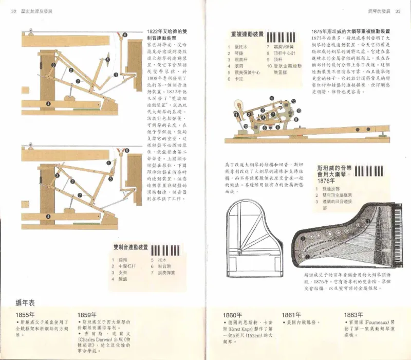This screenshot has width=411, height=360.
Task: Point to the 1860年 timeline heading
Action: click(232, 315)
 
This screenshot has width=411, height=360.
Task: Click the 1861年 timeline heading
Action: click(291, 314)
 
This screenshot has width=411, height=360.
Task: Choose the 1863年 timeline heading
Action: click(353, 314)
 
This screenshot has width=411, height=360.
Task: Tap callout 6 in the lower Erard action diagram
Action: click(126, 150)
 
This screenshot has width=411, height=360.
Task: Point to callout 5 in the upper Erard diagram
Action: click(107, 60)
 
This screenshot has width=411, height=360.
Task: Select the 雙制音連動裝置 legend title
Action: click(130, 248)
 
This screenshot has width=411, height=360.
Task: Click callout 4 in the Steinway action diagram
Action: click(272, 98)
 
